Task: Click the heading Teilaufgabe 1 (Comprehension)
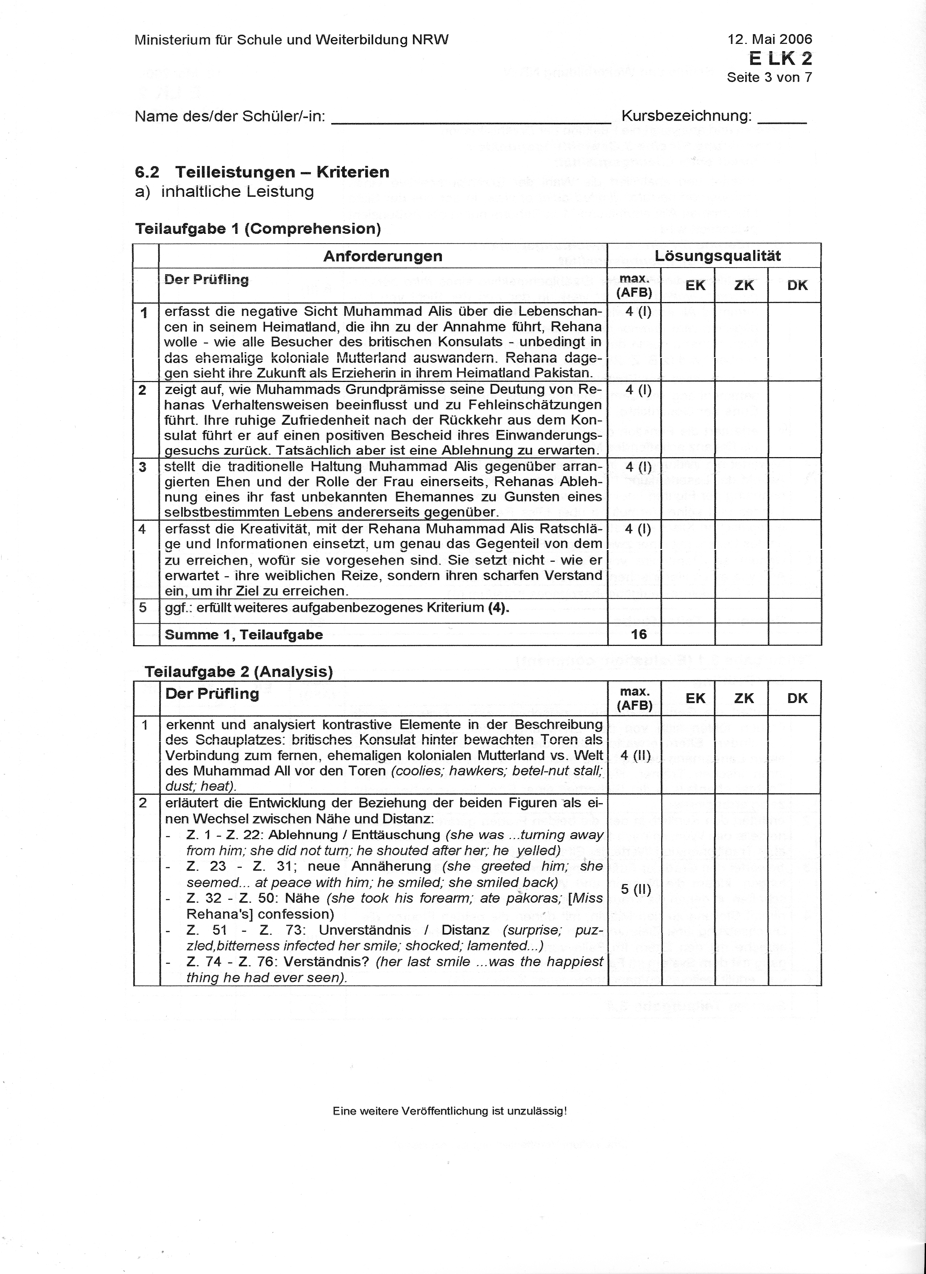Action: (258, 229)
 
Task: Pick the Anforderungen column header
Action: (383, 256)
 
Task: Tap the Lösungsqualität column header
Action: (718, 256)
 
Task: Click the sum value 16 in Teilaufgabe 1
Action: (639, 634)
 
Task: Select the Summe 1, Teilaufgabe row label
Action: (243, 635)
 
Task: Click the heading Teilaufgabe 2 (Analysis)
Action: (239, 672)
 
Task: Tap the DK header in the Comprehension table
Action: (797, 285)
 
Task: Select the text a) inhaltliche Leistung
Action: (224, 192)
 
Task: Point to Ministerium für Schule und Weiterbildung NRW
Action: (292, 40)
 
